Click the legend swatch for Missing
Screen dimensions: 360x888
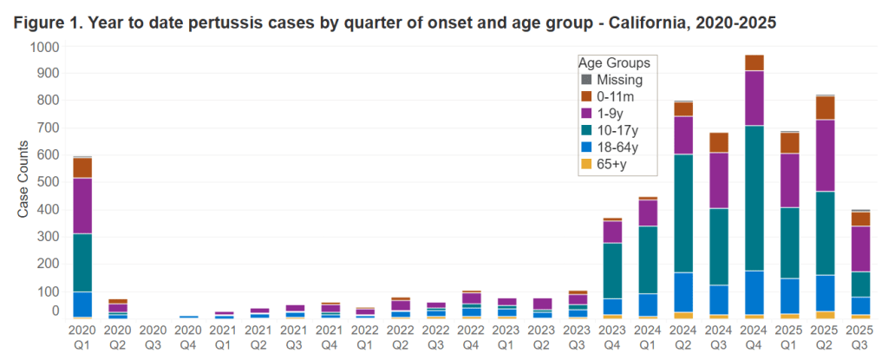(x=586, y=81)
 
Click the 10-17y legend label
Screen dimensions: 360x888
(x=618, y=130)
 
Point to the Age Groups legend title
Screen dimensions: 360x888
(x=614, y=63)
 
